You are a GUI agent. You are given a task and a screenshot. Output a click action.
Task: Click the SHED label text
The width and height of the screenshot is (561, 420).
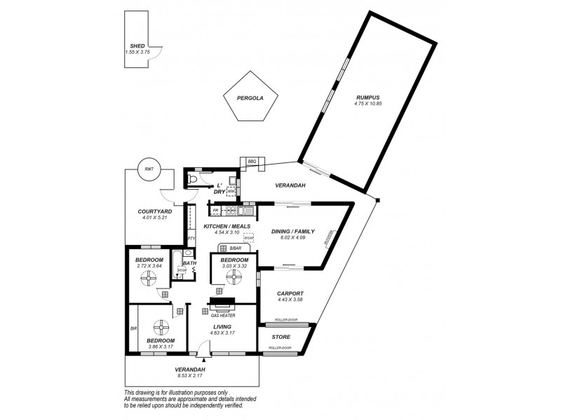pos(137,45)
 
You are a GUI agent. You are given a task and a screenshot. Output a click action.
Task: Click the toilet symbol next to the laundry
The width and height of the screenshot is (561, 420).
pos(194,179)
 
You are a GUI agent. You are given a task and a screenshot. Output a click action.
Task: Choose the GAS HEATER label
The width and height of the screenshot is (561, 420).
pos(223,315)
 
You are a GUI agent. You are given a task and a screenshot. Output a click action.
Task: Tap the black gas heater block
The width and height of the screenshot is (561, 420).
pos(223,304)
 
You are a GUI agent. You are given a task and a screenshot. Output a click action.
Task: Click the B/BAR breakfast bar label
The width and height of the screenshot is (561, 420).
pos(234,247)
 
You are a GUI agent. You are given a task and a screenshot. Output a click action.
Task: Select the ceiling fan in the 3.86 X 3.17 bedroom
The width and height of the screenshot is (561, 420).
pos(161,328)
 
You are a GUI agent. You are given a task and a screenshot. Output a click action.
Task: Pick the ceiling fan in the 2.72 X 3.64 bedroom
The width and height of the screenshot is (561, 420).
pos(148,279)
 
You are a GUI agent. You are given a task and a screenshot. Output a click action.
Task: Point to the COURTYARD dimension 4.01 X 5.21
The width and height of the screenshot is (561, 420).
pos(154,218)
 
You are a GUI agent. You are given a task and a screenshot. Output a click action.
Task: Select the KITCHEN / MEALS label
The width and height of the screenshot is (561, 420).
pos(227,227)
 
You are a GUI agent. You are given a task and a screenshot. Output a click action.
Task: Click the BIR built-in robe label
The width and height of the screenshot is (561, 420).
pos(133,327)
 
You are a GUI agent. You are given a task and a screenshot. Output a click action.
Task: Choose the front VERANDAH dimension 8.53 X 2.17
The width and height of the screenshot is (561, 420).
pos(190,376)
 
